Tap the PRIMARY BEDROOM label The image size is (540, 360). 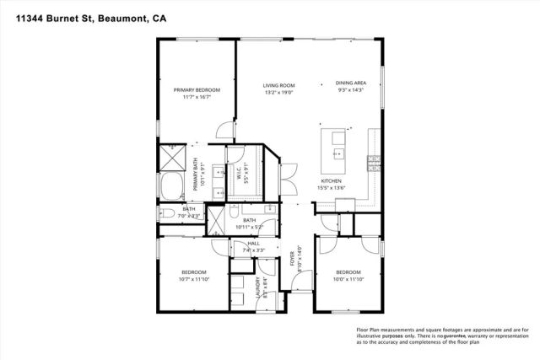[x=197, y=90]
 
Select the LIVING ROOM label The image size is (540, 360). [x=278, y=84]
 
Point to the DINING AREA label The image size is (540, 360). [x=349, y=83]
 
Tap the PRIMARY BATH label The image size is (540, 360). [x=197, y=172]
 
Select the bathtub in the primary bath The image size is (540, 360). [x=173, y=187]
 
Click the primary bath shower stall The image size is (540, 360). [x=173, y=158]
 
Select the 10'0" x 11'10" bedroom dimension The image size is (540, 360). [x=348, y=279]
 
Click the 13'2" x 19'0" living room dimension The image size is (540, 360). [x=278, y=92]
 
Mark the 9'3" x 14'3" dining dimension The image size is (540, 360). [x=349, y=90]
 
